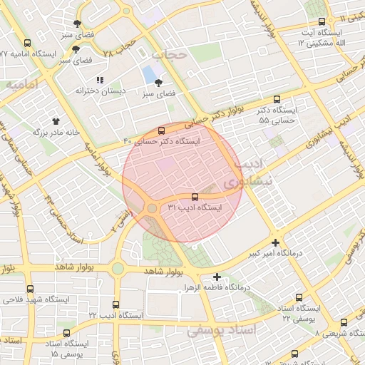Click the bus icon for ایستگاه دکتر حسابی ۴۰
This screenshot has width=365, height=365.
coord(161,131)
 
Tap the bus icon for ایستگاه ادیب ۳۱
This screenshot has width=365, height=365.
coord(195,197)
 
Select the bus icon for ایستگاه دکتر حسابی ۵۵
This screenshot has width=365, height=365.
coord(277,100)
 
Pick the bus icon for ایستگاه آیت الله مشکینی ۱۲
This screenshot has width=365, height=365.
coord(322,22)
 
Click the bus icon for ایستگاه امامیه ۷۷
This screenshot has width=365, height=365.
coord(27,43)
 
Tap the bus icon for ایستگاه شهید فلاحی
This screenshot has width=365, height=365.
coord(30,289)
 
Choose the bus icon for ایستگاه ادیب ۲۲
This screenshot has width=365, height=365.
coord(115,304)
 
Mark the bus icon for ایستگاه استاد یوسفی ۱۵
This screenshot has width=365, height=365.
coord(66,333)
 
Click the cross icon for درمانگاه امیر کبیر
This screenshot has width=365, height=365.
coord(276,242)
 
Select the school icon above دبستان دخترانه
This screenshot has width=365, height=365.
coord(100,80)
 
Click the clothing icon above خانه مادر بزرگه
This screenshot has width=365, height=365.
coord(56,120)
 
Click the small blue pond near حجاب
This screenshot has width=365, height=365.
coord(149,74)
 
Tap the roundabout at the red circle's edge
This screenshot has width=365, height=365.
coord(153,208)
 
